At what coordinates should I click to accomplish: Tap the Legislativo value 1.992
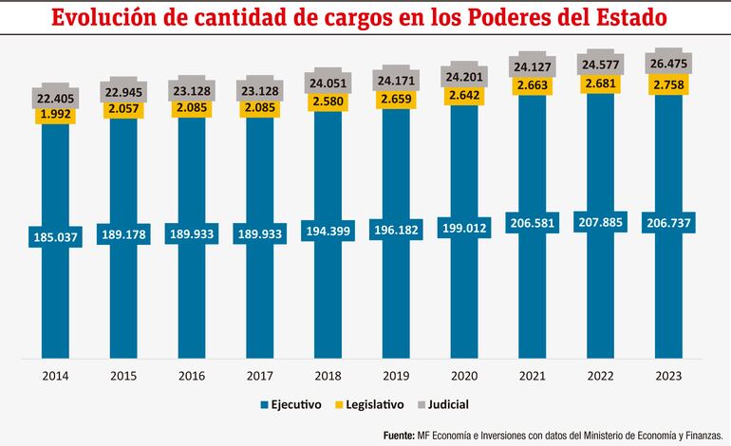[x=56, y=116]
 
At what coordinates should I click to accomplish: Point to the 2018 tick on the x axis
[x=328, y=376]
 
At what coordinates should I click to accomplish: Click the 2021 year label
[x=533, y=376]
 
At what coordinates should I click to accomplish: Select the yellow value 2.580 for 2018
[x=328, y=101]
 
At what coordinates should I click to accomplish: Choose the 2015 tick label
[x=123, y=376]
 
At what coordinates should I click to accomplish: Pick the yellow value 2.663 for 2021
[x=533, y=86]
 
